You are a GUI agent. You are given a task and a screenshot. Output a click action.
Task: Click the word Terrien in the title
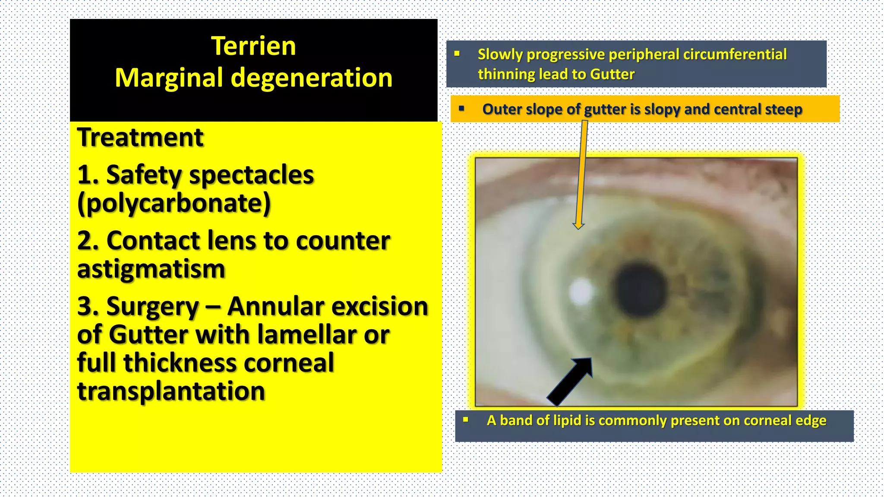(x=253, y=46)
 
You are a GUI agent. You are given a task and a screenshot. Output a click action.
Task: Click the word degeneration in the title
(x=312, y=79)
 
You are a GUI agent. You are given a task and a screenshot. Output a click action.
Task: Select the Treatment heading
(x=140, y=138)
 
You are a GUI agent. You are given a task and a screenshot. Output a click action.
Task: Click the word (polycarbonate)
(x=174, y=204)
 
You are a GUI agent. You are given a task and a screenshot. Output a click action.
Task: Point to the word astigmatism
(x=151, y=269)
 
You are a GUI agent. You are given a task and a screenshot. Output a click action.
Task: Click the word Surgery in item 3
(x=152, y=307)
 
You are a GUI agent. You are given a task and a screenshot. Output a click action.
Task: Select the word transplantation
(x=171, y=391)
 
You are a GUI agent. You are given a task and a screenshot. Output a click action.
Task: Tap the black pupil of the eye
(x=641, y=289)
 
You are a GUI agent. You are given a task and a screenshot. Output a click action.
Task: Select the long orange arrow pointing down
(x=581, y=173)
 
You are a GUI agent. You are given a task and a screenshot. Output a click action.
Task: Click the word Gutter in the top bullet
(x=612, y=74)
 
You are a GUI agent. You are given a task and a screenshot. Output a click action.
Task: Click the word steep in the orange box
(x=783, y=109)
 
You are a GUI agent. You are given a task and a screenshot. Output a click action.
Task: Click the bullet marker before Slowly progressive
(x=457, y=54)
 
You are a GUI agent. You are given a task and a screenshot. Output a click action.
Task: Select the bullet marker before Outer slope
(x=461, y=108)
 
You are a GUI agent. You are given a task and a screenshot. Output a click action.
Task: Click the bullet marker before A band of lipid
(x=465, y=419)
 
